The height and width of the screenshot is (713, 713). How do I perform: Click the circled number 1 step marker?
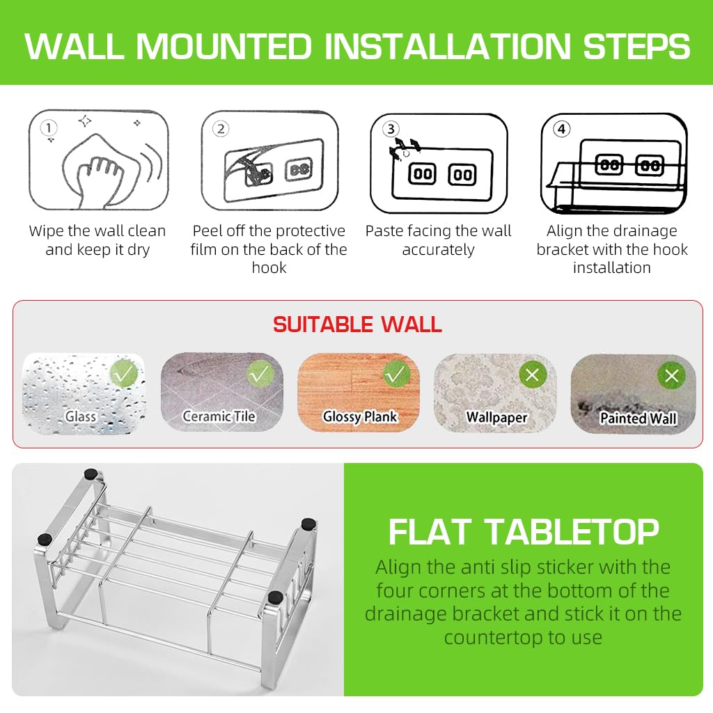(x=48, y=127)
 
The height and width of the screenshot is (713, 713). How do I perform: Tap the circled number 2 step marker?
(x=221, y=129)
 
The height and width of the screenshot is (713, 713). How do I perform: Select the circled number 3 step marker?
(x=391, y=129)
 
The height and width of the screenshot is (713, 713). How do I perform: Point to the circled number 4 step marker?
(x=561, y=129)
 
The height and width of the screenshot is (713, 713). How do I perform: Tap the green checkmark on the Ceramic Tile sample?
(x=260, y=375)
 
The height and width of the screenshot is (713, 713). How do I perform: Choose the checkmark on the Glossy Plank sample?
(x=396, y=375)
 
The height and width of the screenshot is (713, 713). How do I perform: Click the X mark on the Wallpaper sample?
(x=533, y=375)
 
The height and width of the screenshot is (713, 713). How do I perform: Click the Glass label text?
(x=81, y=416)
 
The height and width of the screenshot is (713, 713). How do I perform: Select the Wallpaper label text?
(x=496, y=417)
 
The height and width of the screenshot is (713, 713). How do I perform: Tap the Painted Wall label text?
(x=638, y=418)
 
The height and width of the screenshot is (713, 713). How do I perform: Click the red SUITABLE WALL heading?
(x=357, y=324)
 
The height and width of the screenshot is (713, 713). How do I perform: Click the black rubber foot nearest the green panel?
(x=308, y=524)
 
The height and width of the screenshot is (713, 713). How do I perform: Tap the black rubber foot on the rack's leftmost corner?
(x=44, y=538)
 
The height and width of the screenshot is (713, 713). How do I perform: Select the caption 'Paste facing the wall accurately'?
(x=438, y=240)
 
